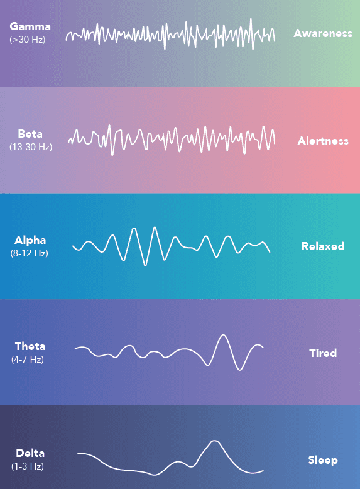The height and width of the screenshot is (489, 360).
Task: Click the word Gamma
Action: (30, 27)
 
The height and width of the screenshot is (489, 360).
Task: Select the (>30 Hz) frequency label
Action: (28, 40)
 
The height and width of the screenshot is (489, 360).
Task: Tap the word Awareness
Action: (323, 33)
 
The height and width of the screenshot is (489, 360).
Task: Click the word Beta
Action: (31, 134)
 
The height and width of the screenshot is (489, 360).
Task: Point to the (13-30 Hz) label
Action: (31, 147)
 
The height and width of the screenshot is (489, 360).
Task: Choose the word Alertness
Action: (323, 141)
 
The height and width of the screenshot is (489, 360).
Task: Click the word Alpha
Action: (30, 240)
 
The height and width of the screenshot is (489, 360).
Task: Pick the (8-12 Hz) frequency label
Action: (30, 253)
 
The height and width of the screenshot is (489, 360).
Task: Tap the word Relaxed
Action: (323, 246)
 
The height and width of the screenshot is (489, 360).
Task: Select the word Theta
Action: (30, 346)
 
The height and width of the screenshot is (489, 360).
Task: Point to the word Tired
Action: (323, 353)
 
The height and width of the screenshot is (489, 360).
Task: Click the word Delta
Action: (30, 453)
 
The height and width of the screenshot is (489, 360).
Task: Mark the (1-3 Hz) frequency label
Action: (28, 466)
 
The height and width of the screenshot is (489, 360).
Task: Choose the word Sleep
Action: (323, 460)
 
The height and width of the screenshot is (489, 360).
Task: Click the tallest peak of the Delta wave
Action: (215, 441)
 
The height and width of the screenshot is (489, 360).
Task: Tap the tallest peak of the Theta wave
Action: (222, 336)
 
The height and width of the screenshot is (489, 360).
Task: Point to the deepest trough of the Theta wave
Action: (239, 370)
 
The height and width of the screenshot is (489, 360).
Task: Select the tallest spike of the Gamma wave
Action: (251, 19)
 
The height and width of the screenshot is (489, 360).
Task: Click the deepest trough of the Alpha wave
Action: (146, 265)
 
